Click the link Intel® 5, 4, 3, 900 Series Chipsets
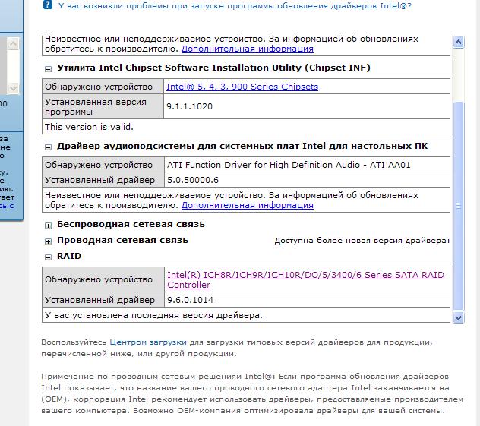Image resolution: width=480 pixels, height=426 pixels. [x=242, y=87]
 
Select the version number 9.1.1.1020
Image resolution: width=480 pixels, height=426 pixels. [x=189, y=107]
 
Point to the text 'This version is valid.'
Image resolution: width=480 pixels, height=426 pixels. [x=89, y=127]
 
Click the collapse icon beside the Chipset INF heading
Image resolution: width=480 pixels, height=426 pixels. [x=49, y=68]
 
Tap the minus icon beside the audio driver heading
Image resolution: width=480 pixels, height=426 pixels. [x=49, y=146]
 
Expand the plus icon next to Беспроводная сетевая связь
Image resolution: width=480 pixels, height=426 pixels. [x=49, y=225]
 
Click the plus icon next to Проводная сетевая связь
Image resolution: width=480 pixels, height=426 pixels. [x=49, y=241]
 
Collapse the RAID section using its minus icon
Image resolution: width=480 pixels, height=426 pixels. [x=49, y=257]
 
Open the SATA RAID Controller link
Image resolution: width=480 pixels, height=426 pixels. [x=305, y=279]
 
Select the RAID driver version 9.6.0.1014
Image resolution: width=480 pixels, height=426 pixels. [x=189, y=300]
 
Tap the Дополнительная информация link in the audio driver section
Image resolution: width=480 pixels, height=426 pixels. [x=247, y=205]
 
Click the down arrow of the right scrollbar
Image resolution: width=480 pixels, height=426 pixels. [x=458, y=317]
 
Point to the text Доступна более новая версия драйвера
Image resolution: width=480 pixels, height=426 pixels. [x=362, y=241]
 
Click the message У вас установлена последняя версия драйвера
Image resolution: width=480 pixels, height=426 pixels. [x=153, y=314]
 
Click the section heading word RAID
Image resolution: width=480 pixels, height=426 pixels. [x=69, y=257]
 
